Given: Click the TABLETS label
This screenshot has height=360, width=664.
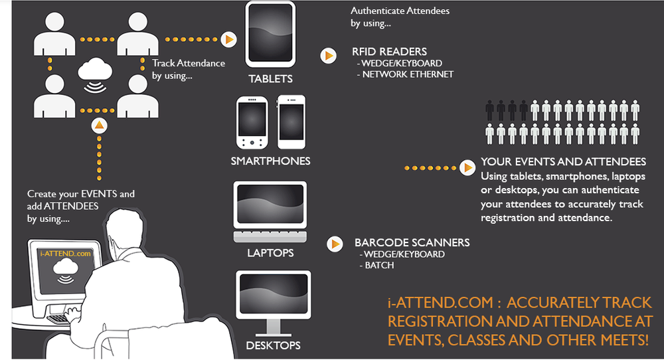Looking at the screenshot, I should (x=270, y=79).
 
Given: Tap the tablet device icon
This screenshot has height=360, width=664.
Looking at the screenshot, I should (x=270, y=33).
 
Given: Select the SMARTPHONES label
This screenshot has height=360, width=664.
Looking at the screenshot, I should (x=270, y=161).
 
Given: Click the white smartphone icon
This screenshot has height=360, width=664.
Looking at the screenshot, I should (x=291, y=122).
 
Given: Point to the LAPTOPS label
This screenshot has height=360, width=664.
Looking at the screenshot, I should (x=270, y=253).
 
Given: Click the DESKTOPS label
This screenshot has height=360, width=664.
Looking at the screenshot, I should (x=273, y=345).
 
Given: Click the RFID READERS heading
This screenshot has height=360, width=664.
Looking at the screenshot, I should (x=389, y=52).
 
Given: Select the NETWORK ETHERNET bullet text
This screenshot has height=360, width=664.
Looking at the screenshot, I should (x=407, y=74).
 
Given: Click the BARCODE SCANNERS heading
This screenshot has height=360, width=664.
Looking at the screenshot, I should (x=412, y=242).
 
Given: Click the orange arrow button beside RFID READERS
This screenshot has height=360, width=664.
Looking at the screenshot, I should (x=328, y=56).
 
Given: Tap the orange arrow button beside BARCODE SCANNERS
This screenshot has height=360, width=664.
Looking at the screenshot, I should (x=335, y=244).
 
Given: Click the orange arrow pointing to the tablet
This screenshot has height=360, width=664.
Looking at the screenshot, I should (x=228, y=39).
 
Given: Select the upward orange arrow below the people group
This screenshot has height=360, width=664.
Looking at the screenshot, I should (x=98, y=125).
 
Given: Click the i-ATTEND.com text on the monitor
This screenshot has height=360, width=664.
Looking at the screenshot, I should (x=65, y=253).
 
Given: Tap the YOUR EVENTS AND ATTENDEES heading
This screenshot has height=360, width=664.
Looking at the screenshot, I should (x=563, y=162).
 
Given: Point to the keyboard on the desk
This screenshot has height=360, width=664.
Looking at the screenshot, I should (x=63, y=317).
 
